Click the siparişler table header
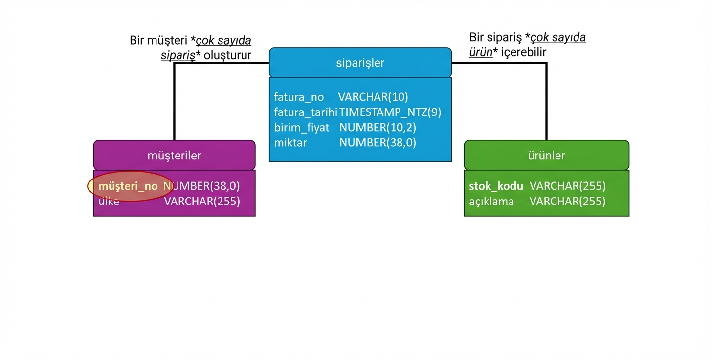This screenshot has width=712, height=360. click(360, 63)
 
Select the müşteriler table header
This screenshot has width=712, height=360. click(174, 156)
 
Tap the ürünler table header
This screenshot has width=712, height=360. click(546, 156)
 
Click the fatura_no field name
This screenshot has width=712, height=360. click(299, 97)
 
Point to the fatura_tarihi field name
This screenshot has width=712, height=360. click(306, 112)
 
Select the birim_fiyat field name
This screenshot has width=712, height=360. click(302, 128)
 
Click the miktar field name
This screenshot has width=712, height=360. click(290, 143)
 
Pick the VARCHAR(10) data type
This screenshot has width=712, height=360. click(373, 97)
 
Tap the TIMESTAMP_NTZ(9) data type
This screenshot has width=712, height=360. click(390, 112)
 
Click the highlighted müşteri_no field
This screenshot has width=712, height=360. click(128, 186)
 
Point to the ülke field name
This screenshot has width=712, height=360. click(109, 202)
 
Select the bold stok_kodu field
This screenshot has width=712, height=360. click(496, 186)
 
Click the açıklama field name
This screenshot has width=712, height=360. click(491, 202)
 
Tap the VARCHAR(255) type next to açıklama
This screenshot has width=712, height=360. click(567, 202)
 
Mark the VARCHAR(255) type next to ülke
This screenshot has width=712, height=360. click(202, 202)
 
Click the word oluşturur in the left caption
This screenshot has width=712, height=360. click(227, 55)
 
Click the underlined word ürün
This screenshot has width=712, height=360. click(481, 52)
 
